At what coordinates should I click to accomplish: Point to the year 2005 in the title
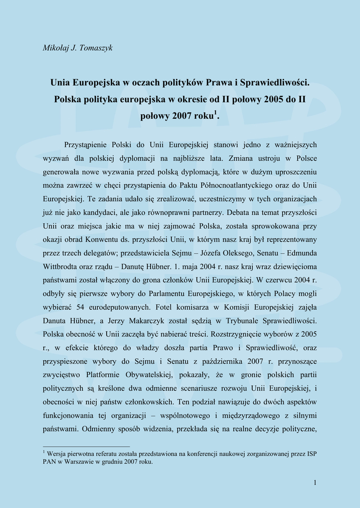coord(274,99)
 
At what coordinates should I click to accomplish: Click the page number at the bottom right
coord(315,482)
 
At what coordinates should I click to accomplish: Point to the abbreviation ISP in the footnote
coord(312,453)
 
